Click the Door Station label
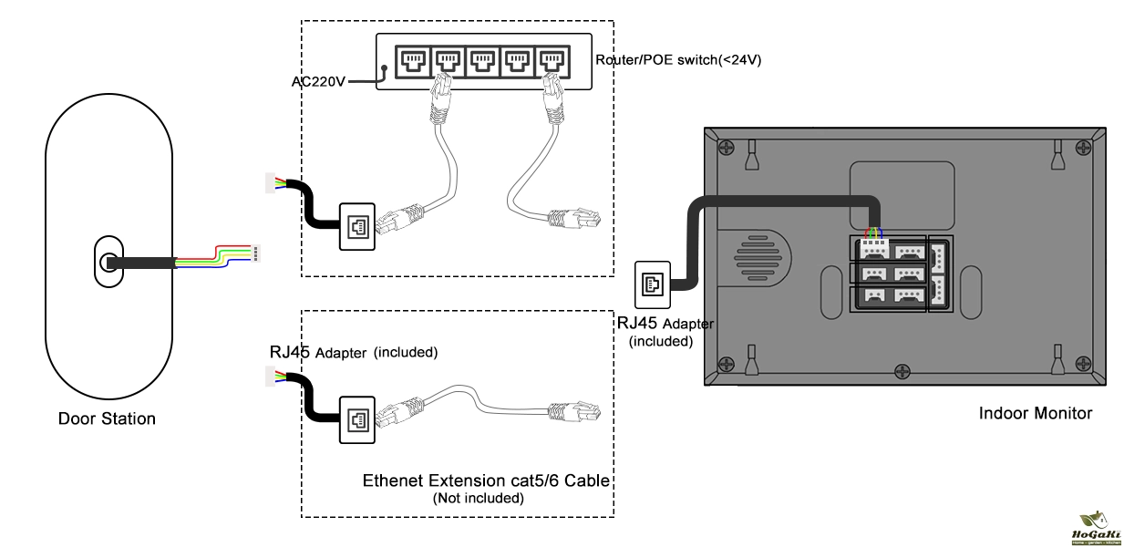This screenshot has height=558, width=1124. (x=107, y=419)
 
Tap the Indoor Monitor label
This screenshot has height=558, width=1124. (x=1035, y=413)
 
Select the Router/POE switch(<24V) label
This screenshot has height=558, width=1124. (x=678, y=60)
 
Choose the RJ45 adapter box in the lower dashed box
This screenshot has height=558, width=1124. (x=356, y=418)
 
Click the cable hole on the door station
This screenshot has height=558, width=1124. (x=108, y=263)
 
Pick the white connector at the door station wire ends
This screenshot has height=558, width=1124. (x=256, y=253)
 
